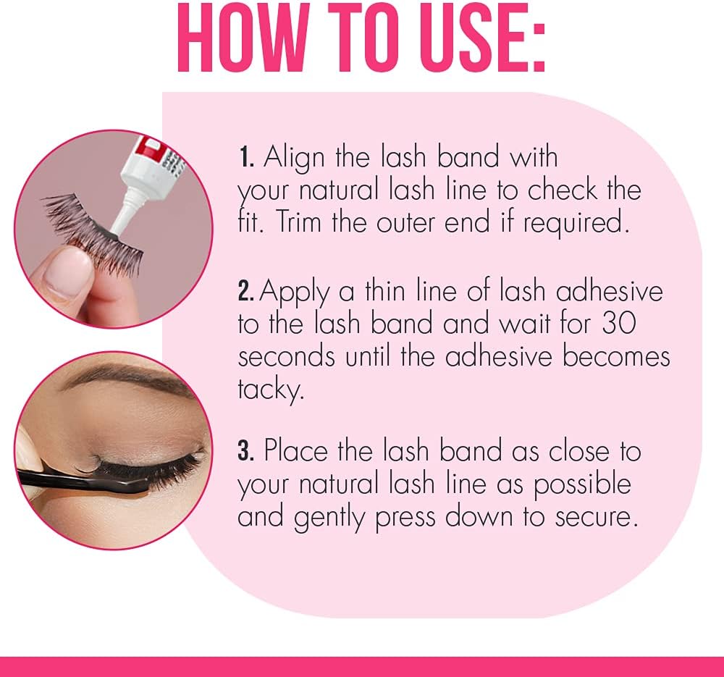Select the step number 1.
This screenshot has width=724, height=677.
[246, 157]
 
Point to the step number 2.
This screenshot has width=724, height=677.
[247, 292]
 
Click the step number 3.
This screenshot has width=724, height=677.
[246, 451]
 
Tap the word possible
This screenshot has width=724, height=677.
[583, 485]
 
